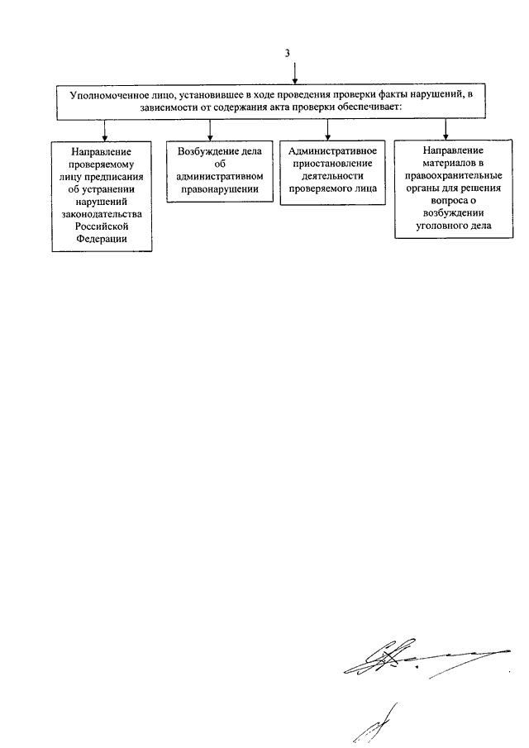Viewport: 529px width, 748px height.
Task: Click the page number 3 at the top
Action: pos(287,53)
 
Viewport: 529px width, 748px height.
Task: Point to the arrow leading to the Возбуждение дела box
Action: pos(210,130)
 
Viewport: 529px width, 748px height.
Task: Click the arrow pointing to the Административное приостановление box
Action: pos(327,129)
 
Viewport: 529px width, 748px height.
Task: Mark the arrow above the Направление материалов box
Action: pos(446,129)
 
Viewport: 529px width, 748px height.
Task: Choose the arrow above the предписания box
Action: pos(105,130)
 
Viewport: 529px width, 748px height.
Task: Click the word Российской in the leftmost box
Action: pos(102,226)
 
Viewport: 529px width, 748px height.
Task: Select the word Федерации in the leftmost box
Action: pos(102,239)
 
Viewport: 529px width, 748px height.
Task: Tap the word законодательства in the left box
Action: pos(102,214)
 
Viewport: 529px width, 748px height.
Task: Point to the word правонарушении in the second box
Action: pos(220,189)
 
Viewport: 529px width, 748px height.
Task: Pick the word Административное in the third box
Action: pos(332,151)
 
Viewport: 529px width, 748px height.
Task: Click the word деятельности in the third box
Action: pos(332,176)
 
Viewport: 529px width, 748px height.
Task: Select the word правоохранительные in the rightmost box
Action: pos(453,175)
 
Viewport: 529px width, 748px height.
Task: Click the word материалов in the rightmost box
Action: pos(446,163)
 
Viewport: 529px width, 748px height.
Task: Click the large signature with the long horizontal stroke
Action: pos(427,658)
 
